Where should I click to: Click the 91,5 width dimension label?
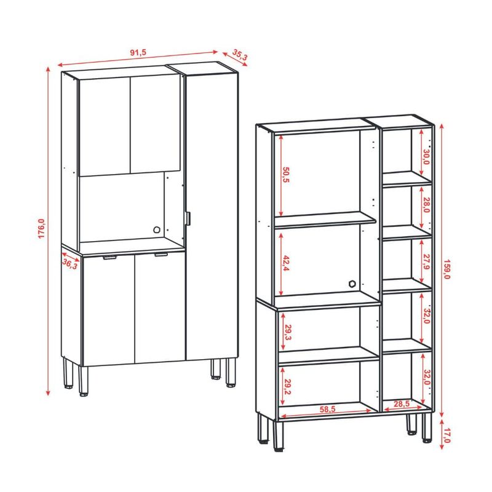click(138, 52)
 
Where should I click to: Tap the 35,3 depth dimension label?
click(240, 55)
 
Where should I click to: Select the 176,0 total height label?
click(41, 228)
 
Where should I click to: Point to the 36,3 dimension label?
click(69, 264)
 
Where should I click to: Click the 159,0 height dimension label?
click(447, 269)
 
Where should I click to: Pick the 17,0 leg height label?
click(447, 436)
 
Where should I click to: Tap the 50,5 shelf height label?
click(285, 175)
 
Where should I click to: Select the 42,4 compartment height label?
click(286, 263)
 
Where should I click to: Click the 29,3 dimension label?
click(288, 332)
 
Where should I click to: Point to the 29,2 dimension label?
click(288, 387)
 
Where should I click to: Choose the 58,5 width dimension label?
click(328, 409)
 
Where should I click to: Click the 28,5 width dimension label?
click(402, 404)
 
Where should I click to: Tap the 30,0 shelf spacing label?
click(426, 157)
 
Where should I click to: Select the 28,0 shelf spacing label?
click(426, 205)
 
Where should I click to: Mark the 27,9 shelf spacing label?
click(426, 262)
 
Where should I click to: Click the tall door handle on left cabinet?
click(188, 218)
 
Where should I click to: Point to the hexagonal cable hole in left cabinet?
click(157, 229)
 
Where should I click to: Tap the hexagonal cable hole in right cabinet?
click(352, 284)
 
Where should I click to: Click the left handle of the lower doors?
click(110, 258)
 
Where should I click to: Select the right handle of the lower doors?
click(161, 255)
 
